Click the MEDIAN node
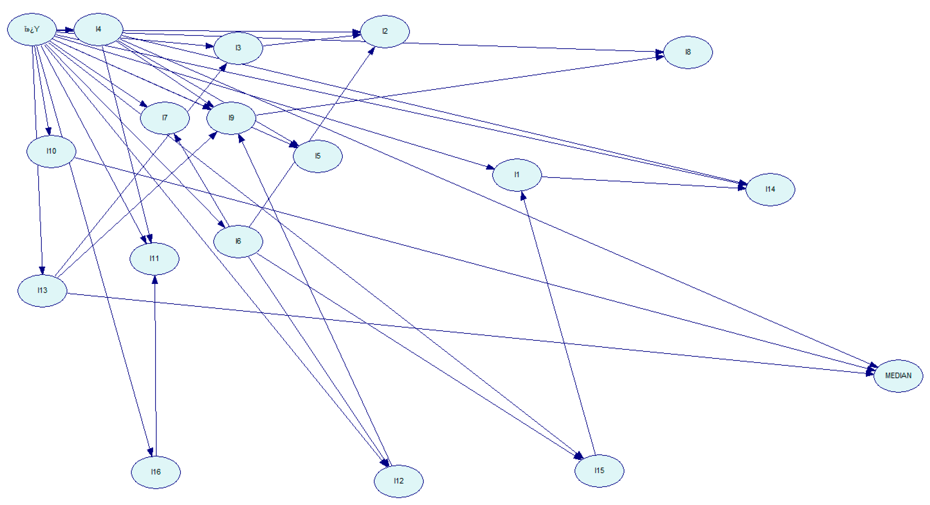pyautogui.click(x=898, y=376)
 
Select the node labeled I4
pyautogui.click(x=98, y=29)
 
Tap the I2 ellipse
pyautogui.click(x=385, y=31)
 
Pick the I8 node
pyautogui.click(x=688, y=52)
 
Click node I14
pyautogui.click(x=770, y=189)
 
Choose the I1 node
pyautogui.click(x=517, y=175)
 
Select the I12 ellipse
pyautogui.click(x=399, y=481)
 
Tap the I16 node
pyautogui.click(x=156, y=472)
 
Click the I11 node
pyautogui.click(x=154, y=258)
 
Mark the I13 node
pyautogui.click(x=42, y=291)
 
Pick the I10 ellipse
pyautogui.click(x=51, y=151)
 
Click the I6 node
pyautogui.click(x=238, y=241)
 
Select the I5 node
pyautogui.click(x=318, y=156)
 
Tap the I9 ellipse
pyautogui.click(x=231, y=118)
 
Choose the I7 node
pyautogui.click(x=165, y=118)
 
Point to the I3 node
pyautogui.click(x=238, y=48)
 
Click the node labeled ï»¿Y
pyautogui.click(x=32, y=29)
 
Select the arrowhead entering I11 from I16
pyautogui.click(x=155, y=280)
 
